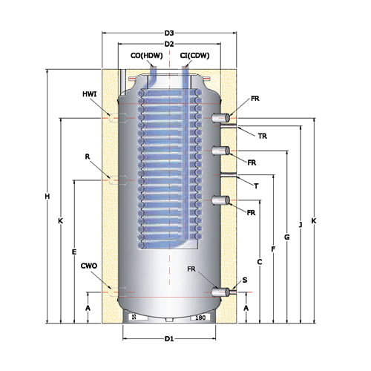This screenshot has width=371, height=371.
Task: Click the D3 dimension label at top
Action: click(169, 33)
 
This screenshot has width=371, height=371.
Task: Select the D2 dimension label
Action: click(169, 44)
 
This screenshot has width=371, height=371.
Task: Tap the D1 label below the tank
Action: click(169, 338)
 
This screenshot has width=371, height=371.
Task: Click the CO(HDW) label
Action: click(147, 56)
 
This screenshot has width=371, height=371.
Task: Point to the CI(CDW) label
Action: click(194, 56)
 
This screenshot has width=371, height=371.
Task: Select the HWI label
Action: click(90, 94)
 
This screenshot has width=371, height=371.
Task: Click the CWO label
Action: click(89, 266)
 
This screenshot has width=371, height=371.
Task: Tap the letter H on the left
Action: click(47, 197)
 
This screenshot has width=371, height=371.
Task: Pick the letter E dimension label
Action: click(74, 252)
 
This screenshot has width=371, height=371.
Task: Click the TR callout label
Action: click(263, 136)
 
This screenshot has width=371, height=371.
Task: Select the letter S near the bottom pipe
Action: click(245, 280)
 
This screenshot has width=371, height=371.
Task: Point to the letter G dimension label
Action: click(286, 237)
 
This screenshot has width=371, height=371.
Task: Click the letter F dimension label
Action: click(273, 249)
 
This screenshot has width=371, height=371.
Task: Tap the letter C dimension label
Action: click(260, 262)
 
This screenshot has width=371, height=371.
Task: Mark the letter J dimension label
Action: click(301, 225)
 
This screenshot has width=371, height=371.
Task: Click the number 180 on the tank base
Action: click(200, 318)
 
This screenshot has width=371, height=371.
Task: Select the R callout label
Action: click(88, 157)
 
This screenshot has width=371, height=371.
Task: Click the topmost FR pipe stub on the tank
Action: click(220, 118)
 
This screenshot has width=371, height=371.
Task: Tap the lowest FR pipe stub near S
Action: click(220, 292)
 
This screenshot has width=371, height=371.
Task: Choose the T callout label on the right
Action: click(256, 185)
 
